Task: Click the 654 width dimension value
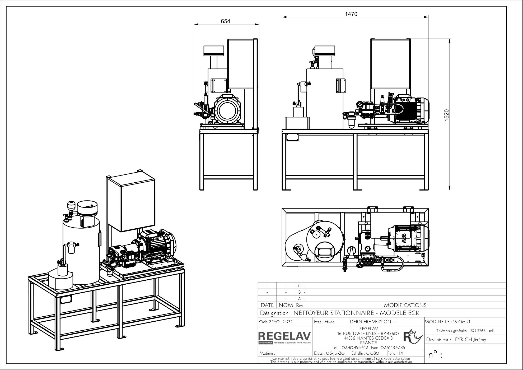[x=225, y=21]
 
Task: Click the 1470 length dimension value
[x=351, y=14]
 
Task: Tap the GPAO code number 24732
[x=288, y=322]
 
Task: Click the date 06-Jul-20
[x=335, y=353]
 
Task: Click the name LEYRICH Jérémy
[x=469, y=340]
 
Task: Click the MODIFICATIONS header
[x=405, y=305]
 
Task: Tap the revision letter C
[x=300, y=286]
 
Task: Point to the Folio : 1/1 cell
[x=395, y=353]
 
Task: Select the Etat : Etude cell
[x=324, y=322]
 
